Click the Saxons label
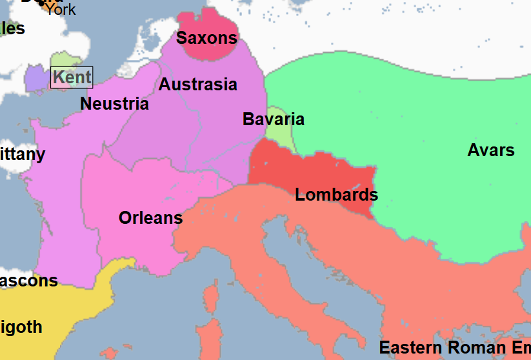click(x=206, y=38)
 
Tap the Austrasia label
click(x=197, y=85)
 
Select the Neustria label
click(x=114, y=104)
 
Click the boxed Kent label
click(x=72, y=77)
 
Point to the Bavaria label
click(x=274, y=119)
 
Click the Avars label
click(x=491, y=150)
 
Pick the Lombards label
click(x=336, y=195)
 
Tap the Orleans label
click(x=150, y=218)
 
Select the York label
click(x=60, y=10)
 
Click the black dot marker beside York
click(x=43, y=3)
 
